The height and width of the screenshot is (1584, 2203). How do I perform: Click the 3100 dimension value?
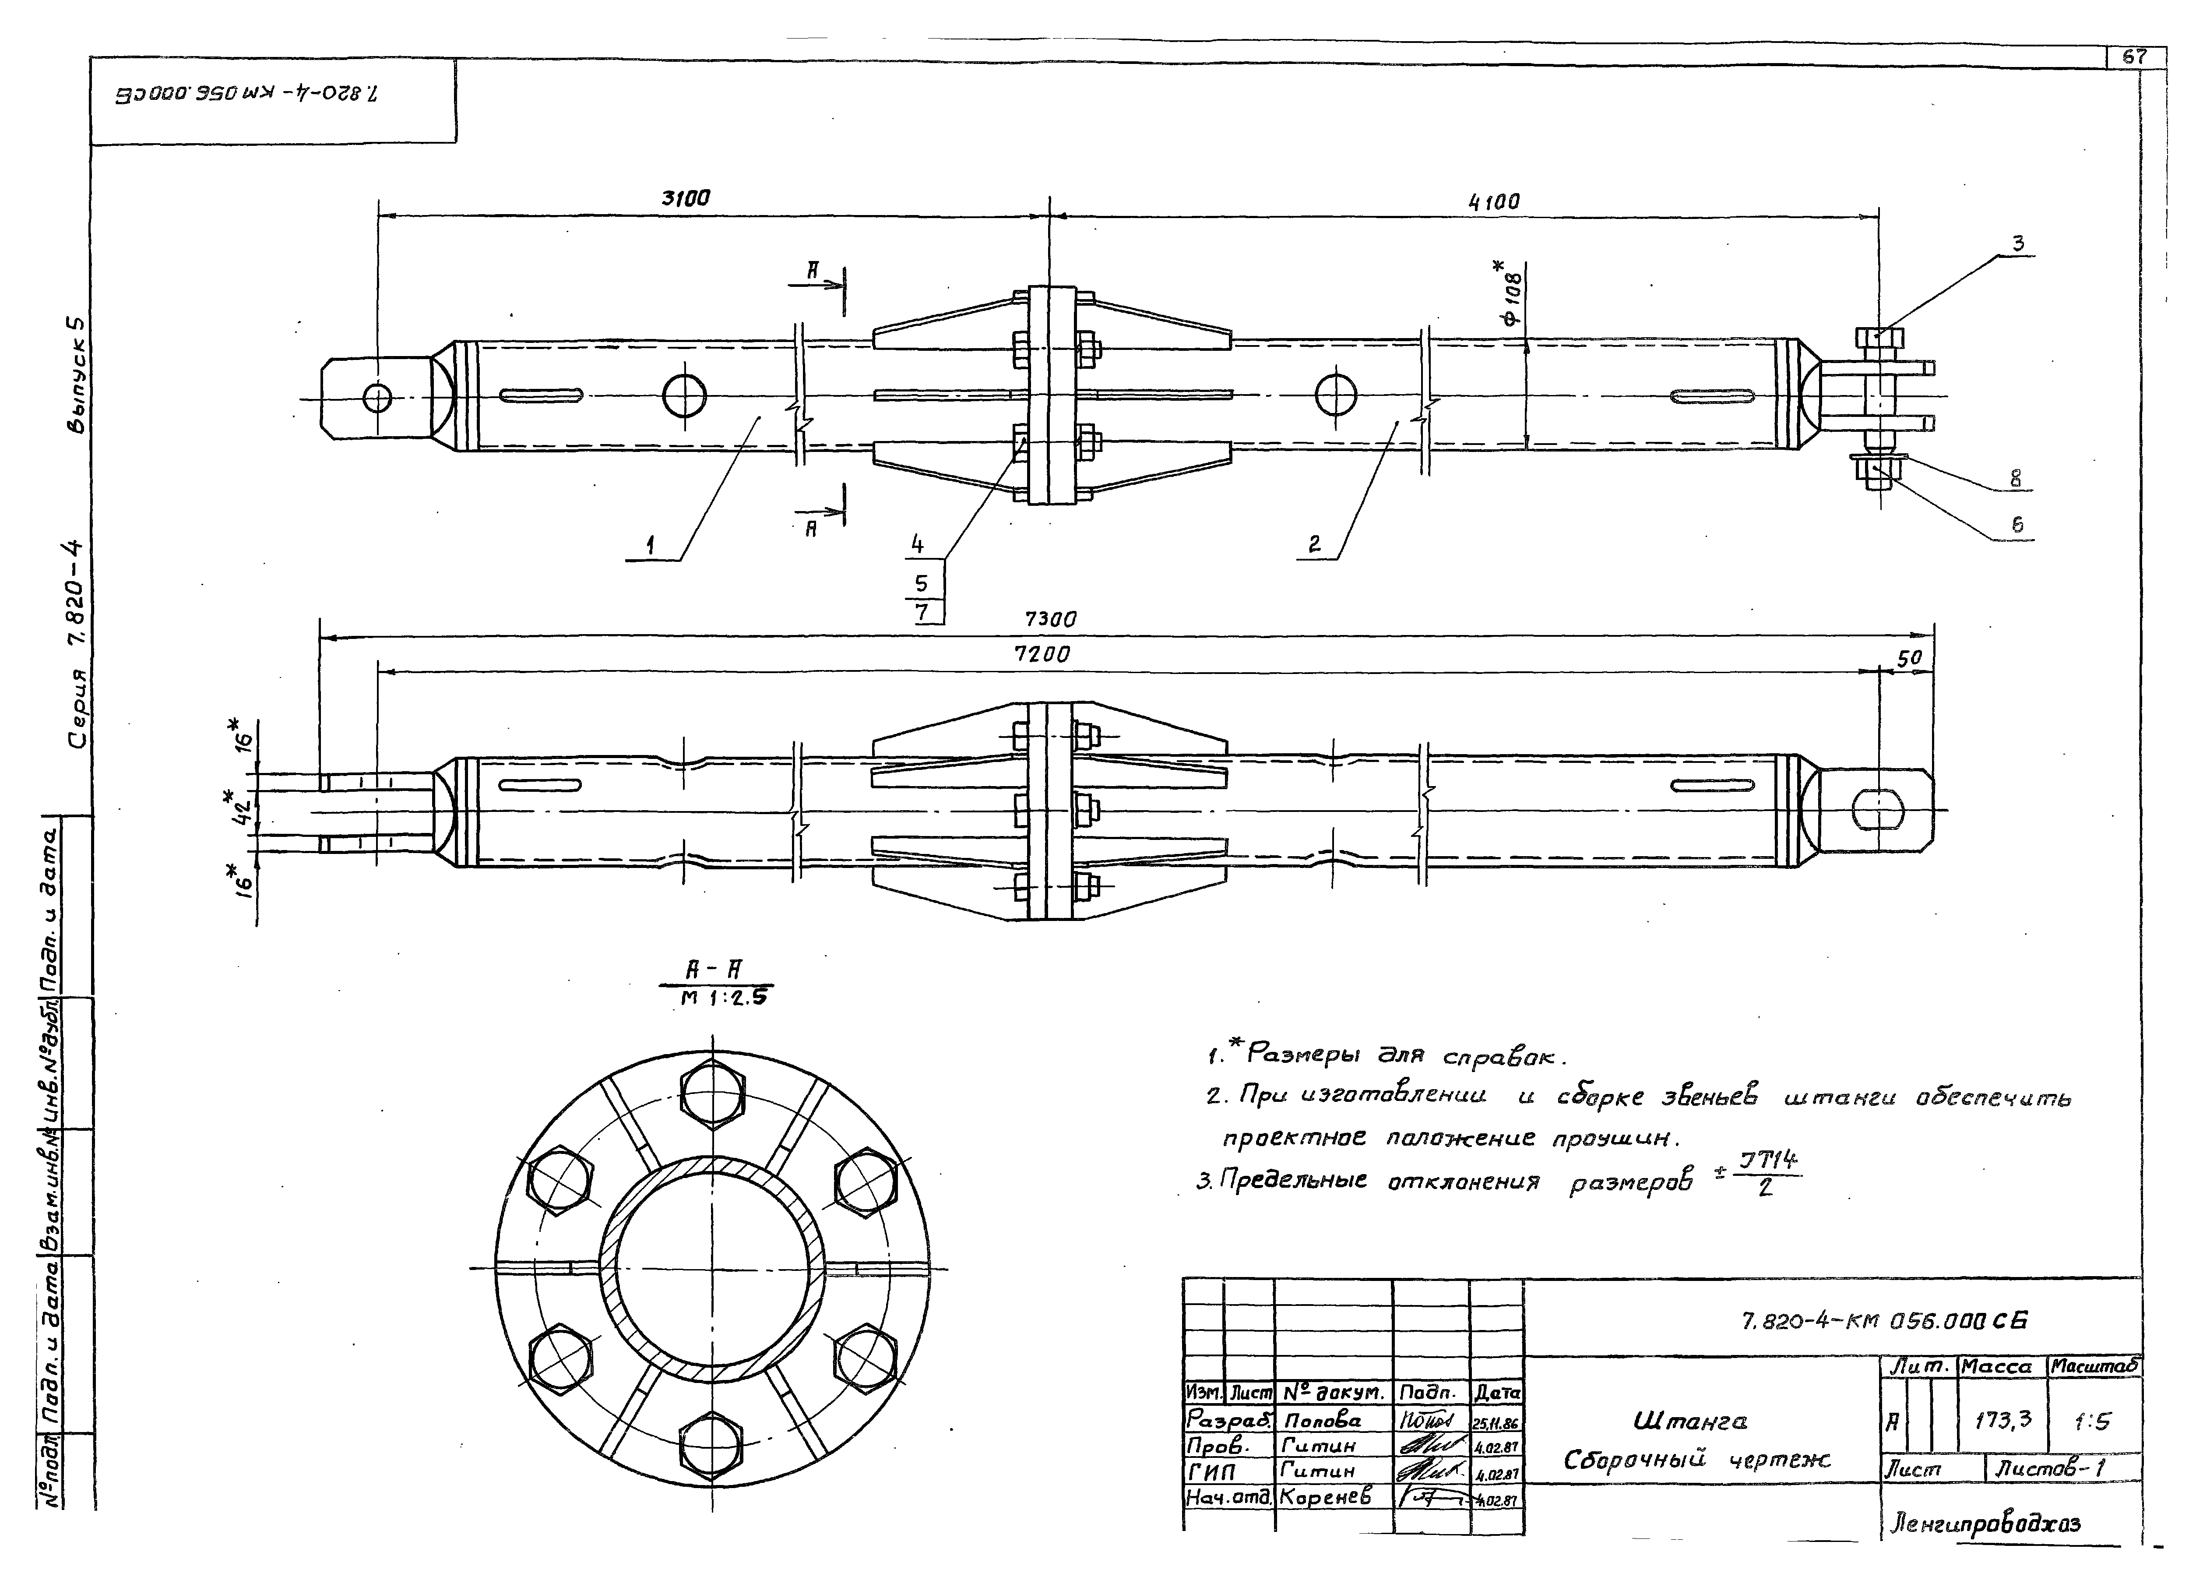pyautogui.click(x=686, y=198)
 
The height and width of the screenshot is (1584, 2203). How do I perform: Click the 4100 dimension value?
pyautogui.click(x=1493, y=202)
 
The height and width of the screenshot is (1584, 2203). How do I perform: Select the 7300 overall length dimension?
pyautogui.click(x=1050, y=619)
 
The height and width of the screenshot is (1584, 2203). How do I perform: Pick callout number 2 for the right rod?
pyautogui.click(x=1314, y=544)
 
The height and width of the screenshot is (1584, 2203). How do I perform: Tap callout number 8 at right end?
pyautogui.click(x=2016, y=478)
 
